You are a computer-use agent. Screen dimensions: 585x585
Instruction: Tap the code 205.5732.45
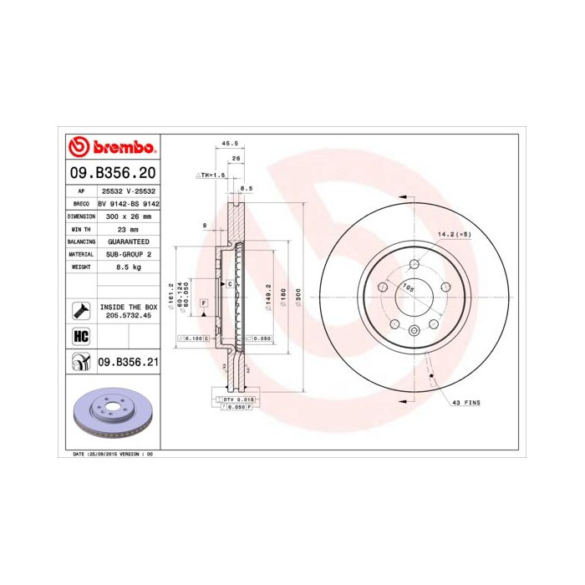pos(128,316)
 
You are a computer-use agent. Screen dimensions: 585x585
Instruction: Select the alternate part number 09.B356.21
pos(127,362)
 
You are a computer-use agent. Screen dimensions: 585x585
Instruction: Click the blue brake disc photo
pos(111,414)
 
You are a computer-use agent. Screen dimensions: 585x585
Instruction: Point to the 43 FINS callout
pos(465,402)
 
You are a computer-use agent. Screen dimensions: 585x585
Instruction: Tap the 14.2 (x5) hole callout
pos(455,234)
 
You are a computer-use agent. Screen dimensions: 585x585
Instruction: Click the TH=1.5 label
pos(213,175)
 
